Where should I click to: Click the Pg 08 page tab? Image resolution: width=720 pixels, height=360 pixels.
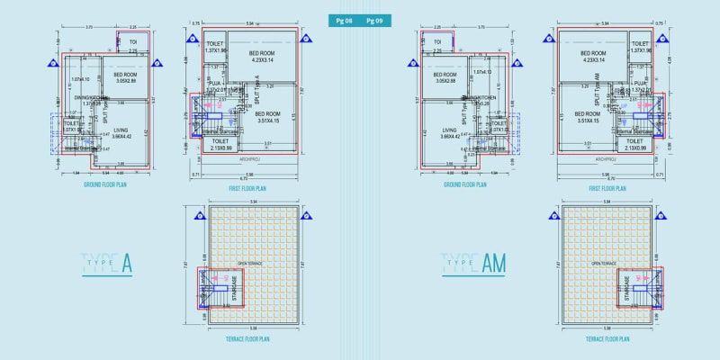point(343,19)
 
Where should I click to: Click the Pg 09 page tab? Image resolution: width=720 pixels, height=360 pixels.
point(375,19)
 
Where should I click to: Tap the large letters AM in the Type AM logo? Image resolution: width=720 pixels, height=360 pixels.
point(494,264)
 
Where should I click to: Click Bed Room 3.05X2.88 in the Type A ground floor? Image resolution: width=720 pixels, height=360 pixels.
point(124,77)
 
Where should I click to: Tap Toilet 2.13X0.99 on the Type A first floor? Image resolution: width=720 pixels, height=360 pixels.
point(220,144)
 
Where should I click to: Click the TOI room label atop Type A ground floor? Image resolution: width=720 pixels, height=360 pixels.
point(132,42)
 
